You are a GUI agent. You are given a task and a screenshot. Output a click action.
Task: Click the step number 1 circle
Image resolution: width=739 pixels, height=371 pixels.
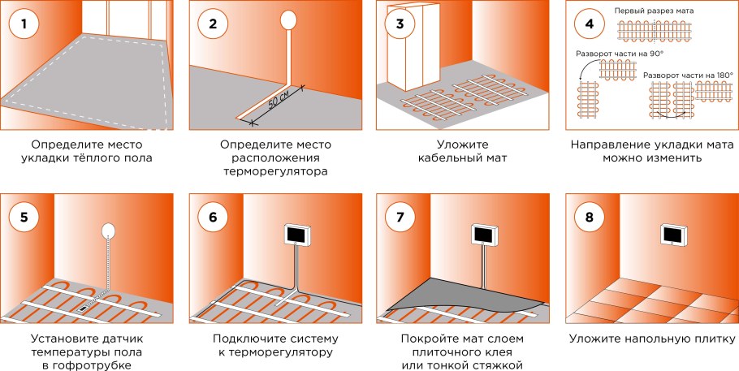(24, 24)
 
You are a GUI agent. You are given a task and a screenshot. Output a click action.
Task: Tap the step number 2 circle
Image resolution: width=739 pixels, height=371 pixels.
(213, 24)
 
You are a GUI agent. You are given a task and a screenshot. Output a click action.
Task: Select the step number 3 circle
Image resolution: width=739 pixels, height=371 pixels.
(399, 24)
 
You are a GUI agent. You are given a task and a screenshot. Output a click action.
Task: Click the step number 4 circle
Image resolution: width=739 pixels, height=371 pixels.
(588, 24)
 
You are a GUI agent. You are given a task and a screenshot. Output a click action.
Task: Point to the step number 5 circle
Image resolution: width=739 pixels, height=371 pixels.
(24, 217)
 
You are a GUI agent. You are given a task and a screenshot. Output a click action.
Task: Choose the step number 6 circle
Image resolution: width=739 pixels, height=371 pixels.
(213, 217)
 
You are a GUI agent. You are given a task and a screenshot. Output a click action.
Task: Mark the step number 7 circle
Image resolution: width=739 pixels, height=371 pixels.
(399, 217)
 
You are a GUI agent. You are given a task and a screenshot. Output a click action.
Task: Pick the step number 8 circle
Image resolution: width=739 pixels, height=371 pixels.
(588, 217)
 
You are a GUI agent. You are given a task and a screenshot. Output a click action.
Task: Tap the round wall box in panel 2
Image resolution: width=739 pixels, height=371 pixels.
(288, 19)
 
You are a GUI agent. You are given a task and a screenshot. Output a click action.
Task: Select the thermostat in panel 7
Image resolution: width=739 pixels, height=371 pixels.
(485, 235)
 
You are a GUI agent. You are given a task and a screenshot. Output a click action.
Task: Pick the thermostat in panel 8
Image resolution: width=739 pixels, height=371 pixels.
(673, 234)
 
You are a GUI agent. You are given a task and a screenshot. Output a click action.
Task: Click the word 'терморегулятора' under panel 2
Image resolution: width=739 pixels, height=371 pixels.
(271, 172)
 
